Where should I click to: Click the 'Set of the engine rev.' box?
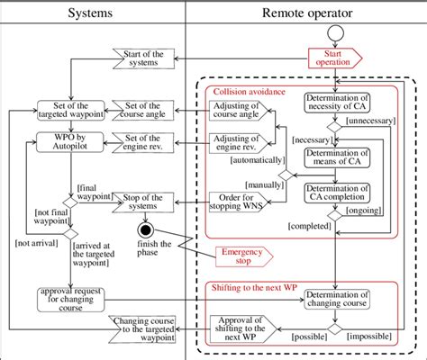pos(141,140)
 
